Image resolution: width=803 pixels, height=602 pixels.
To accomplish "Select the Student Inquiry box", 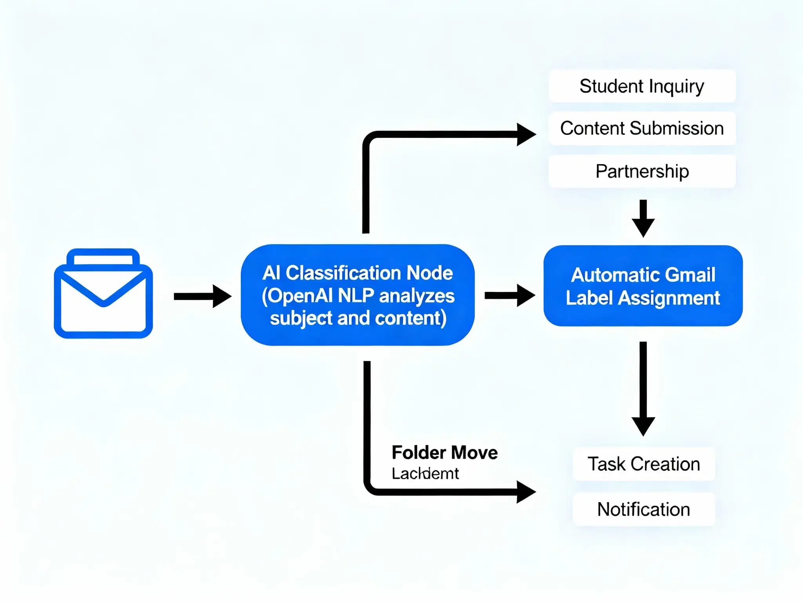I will (x=642, y=86).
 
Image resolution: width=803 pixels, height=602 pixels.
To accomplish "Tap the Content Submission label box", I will (x=642, y=129).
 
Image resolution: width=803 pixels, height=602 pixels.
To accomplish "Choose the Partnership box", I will (x=642, y=171).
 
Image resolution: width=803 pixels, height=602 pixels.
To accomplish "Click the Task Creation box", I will (x=643, y=464).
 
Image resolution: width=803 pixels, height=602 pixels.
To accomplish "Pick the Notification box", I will (x=643, y=509).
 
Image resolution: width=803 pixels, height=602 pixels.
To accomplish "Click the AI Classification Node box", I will (x=358, y=295).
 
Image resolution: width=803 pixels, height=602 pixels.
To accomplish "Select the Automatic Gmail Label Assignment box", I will (x=643, y=286).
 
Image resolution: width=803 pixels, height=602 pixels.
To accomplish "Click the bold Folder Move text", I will (x=444, y=453).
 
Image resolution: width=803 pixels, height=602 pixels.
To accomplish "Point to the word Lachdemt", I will (x=425, y=474).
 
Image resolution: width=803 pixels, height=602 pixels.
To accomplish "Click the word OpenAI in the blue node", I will (x=300, y=296).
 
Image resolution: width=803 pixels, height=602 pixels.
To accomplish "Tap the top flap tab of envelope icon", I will (x=103, y=257).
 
